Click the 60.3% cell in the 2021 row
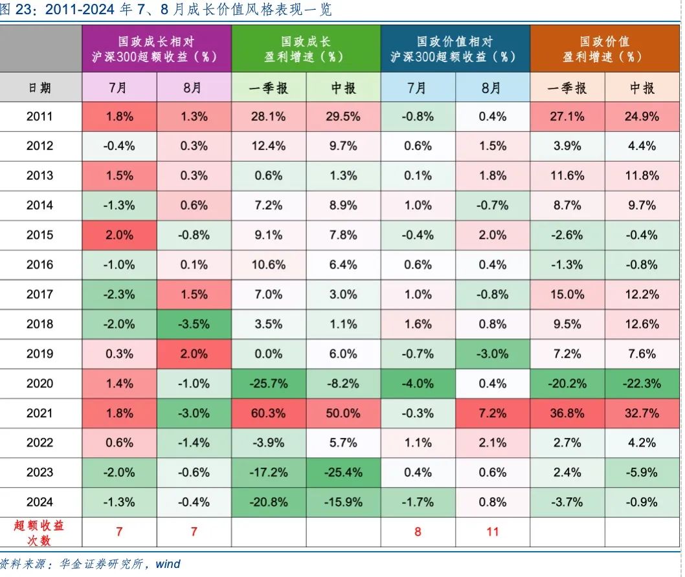click(x=268, y=413)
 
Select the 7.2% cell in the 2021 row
click(x=492, y=413)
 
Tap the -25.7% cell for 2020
click(x=268, y=383)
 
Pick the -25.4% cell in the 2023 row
click(x=343, y=472)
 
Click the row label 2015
click(x=40, y=235)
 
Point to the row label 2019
click(x=40, y=354)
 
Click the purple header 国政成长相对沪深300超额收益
click(x=156, y=49)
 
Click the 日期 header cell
click(x=40, y=87)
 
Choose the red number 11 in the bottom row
click(x=492, y=532)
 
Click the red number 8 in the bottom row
click(x=418, y=532)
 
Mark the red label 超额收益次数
click(x=40, y=532)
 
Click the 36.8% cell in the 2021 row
click(x=567, y=413)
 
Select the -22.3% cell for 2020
click(x=641, y=383)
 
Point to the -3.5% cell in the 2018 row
click(x=194, y=324)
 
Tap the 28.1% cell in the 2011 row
click(x=268, y=116)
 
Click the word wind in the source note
click(x=168, y=564)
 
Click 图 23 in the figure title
click(x=14, y=10)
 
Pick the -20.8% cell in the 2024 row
click(x=268, y=502)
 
